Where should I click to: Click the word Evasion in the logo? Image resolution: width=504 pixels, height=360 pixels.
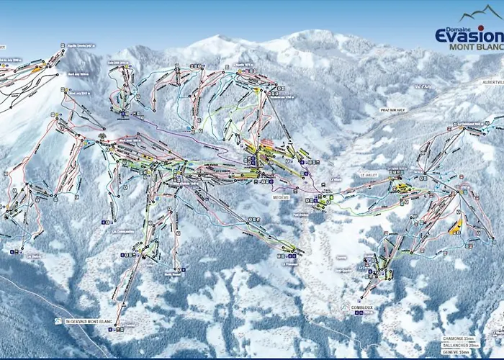tap(469, 36)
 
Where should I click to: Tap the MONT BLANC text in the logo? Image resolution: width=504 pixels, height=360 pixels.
tap(476, 48)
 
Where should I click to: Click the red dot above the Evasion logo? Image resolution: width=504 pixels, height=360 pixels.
tap(481, 28)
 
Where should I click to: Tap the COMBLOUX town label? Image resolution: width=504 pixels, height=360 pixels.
tap(353, 307)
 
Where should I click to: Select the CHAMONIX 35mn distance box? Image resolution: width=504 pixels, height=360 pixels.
tap(460, 338)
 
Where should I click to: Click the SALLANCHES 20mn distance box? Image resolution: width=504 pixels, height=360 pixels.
tap(462, 345)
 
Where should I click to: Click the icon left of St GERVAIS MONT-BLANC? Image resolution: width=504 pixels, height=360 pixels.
tap(58, 321)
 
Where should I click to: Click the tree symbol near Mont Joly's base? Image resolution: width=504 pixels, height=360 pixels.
tap(102, 135)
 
